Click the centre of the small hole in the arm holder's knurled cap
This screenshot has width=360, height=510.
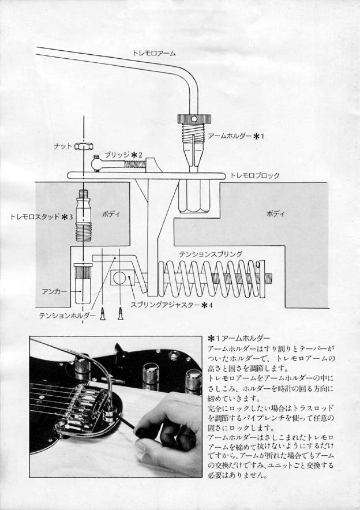pyautogui.click(x=194, y=119)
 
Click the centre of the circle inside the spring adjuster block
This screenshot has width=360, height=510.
pyautogui.click(x=119, y=277)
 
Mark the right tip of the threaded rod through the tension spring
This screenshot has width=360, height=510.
pyautogui.click(x=271, y=279)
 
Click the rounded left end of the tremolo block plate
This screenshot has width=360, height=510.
pyautogui.click(x=70, y=175)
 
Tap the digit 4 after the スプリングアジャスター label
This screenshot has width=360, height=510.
pyautogui.click(x=211, y=305)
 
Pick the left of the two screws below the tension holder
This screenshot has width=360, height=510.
pyautogui.click(x=103, y=314)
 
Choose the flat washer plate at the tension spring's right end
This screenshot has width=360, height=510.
pyautogui.click(x=262, y=279)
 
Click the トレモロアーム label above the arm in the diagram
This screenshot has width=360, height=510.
pyautogui.click(x=154, y=53)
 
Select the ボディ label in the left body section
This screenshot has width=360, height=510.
pyautogui.click(x=111, y=214)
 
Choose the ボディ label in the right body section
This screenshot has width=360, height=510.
pyautogui.click(x=275, y=213)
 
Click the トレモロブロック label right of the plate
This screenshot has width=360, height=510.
pyautogui.click(x=255, y=175)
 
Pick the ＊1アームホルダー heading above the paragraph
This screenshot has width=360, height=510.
pyautogui.click(x=239, y=339)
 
